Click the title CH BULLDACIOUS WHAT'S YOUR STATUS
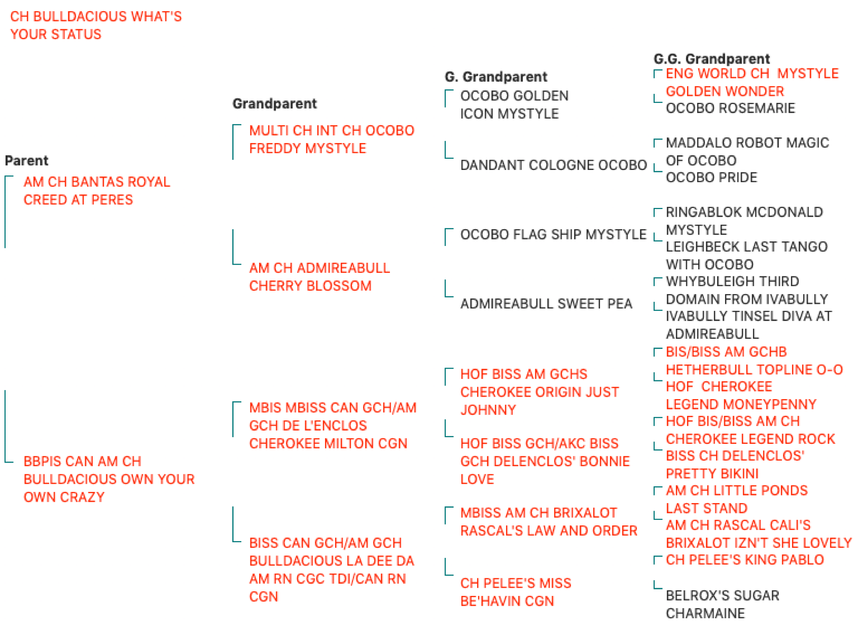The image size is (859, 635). tap(96, 25)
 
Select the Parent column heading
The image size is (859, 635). tap(26, 160)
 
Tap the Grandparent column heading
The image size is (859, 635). tap(274, 103)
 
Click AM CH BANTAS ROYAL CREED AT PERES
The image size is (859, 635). tap(97, 191)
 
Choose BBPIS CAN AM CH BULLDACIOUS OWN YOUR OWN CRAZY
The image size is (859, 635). tap(109, 479)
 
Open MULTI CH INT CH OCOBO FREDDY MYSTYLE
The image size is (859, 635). tap(332, 139)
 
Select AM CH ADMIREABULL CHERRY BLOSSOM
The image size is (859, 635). tap(319, 276)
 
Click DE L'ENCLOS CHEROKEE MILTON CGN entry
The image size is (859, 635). tap(333, 426)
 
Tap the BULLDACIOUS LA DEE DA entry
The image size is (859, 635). tap(332, 569)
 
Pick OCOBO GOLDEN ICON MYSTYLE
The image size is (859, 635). tap(514, 104)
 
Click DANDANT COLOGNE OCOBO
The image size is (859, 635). tap(553, 165)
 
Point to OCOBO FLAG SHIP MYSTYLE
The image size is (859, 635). tap(553, 234)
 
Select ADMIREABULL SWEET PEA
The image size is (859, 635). tap(546, 304)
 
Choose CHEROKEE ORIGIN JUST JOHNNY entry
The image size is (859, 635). tap(540, 392)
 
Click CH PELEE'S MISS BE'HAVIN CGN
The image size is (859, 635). tap(516, 592)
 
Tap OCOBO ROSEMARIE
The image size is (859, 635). tap(730, 108)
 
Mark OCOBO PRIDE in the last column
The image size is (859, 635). tap(711, 178)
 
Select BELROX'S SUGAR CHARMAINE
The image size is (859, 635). tap(722, 605)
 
